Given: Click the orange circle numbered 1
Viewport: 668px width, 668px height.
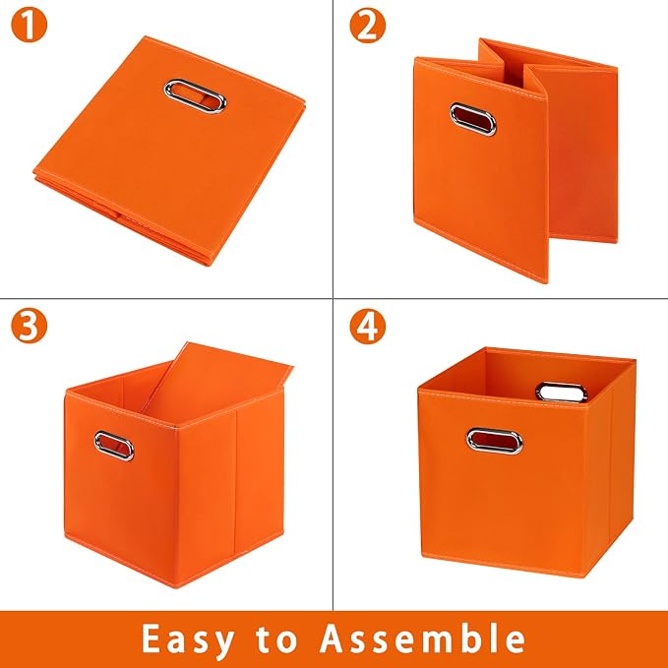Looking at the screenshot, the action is [x=29, y=26].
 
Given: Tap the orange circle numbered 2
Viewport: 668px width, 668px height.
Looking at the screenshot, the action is [x=367, y=26].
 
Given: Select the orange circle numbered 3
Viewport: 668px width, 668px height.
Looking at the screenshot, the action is [x=29, y=326].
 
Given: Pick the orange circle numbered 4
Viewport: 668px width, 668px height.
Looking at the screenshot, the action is [x=367, y=326].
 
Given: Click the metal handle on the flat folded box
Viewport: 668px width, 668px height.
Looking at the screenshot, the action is [x=195, y=96].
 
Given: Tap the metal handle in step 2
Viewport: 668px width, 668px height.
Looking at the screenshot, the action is [x=473, y=119].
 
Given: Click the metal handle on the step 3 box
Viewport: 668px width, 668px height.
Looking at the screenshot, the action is [x=114, y=446].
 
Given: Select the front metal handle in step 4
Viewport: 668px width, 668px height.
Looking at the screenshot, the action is [x=494, y=441].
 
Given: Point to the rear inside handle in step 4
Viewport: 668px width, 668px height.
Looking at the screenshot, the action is [x=562, y=392].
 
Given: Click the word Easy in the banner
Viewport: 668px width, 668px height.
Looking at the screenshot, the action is [x=188, y=639].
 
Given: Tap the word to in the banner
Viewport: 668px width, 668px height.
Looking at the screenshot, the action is [x=276, y=639].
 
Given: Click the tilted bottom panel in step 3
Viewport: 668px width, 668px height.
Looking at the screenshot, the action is [x=217, y=384].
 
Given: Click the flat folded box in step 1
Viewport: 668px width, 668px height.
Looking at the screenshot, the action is [x=169, y=151].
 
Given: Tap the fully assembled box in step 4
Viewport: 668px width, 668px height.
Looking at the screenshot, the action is [x=527, y=462].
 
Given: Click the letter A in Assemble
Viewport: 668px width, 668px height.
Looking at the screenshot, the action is [x=334, y=638].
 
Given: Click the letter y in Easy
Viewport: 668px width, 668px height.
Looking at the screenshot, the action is [x=223, y=644].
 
